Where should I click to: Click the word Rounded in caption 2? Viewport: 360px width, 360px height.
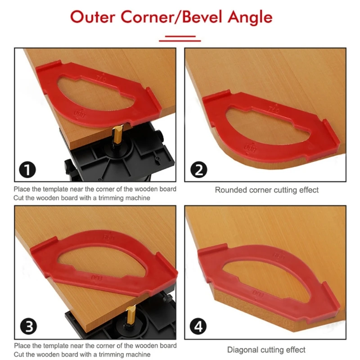click(230, 190)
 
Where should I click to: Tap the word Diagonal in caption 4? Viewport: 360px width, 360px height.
click(243, 350)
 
